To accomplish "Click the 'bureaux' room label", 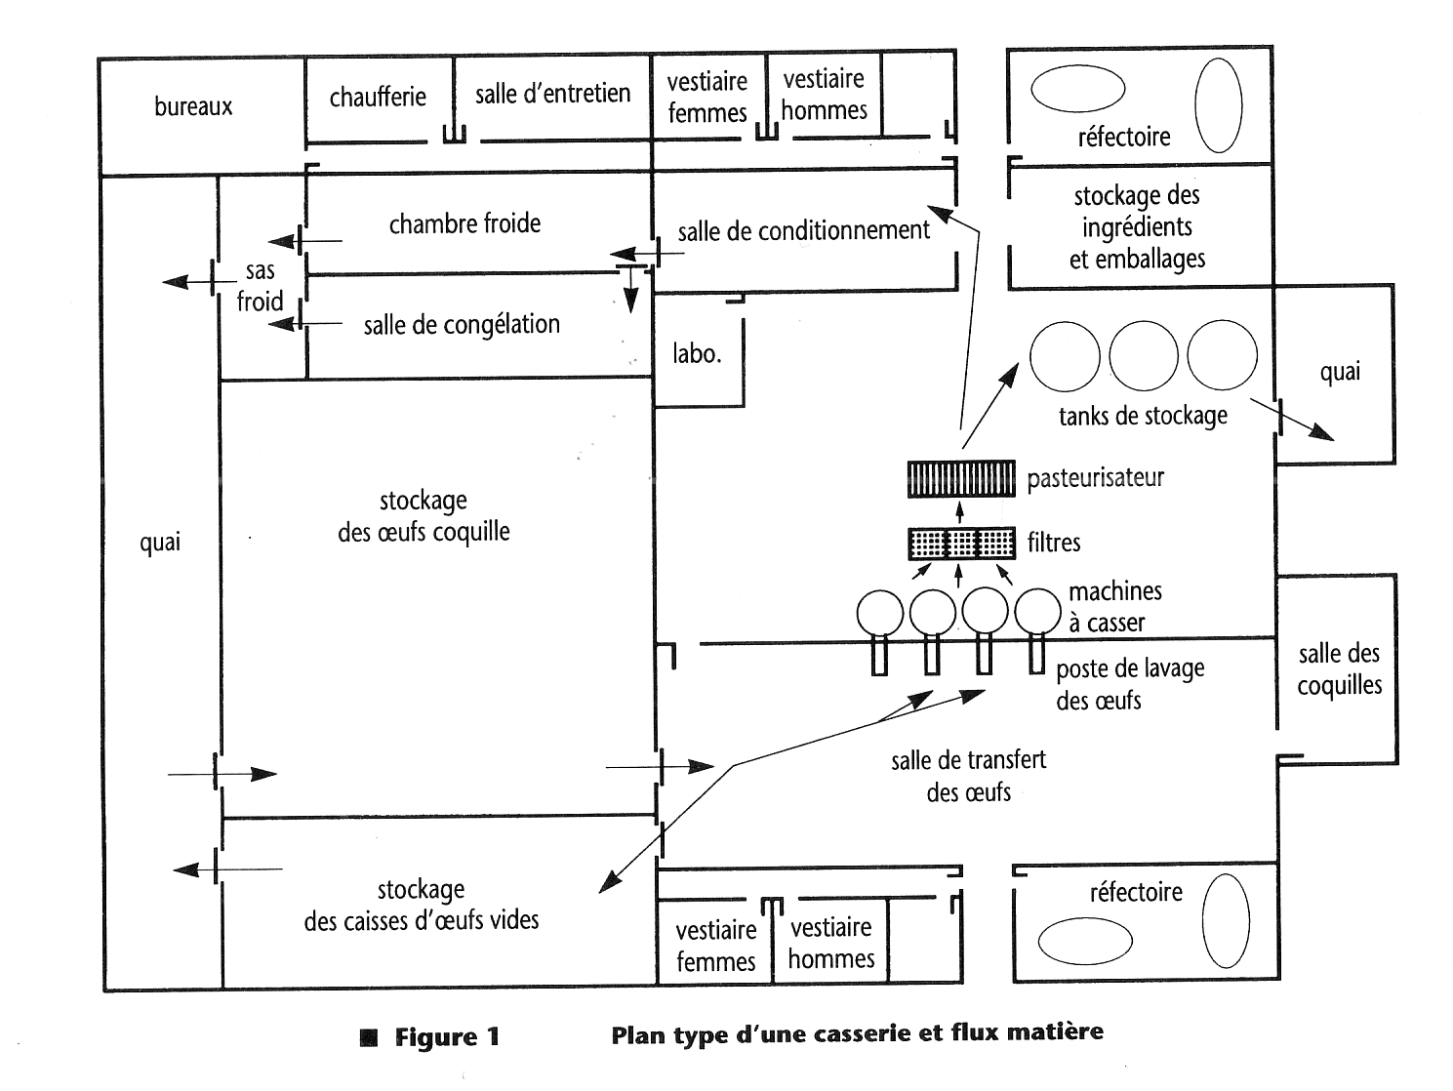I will point(193,106).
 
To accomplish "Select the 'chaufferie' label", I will point(378,97).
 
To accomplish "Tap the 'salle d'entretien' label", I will point(552,94).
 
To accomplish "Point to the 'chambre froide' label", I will point(464,223).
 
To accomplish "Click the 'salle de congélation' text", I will point(462,324).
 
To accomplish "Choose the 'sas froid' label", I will point(260,286).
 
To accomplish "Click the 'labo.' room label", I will point(697,353).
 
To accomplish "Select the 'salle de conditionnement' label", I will point(804,230).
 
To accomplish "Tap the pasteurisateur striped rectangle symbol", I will point(961,478).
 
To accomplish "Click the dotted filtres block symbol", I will point(961,543).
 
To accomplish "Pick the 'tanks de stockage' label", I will point(1143,417).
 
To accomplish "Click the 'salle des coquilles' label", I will point(1339,669).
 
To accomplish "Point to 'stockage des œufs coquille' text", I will point(424,516).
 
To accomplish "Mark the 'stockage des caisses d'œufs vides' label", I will point(421,905).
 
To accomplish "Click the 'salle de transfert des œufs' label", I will point(968,776).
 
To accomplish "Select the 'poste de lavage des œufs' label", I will point(1130,684).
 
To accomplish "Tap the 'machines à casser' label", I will point(1115,606).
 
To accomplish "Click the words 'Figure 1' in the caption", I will point(447,1036).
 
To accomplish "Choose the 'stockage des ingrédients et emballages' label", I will point(1137,227).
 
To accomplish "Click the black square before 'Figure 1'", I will point(369,1036).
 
